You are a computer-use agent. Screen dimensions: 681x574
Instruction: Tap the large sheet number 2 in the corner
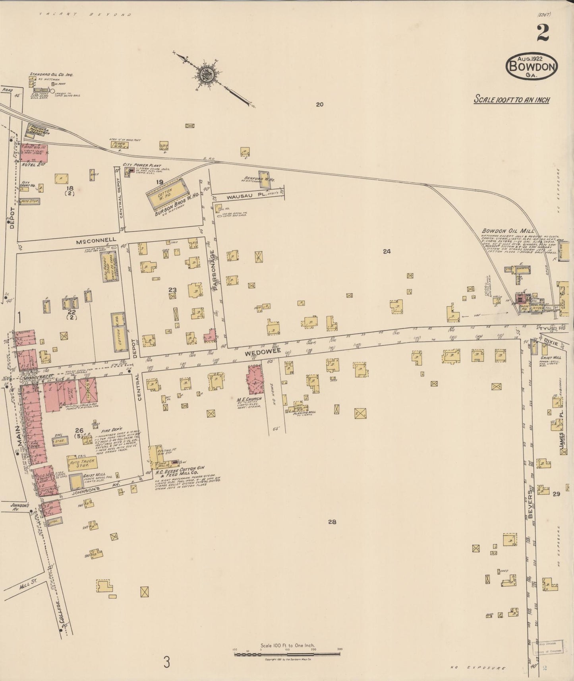coord(543,33)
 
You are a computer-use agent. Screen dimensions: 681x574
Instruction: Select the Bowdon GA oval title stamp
coord(531,66)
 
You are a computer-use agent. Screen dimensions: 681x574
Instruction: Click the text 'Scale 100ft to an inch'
coord(512,99)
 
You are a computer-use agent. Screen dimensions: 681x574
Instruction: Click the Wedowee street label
coord(257,352)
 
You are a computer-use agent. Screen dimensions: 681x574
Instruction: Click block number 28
coord(332,522)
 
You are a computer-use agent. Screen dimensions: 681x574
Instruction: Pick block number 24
coord(387,251)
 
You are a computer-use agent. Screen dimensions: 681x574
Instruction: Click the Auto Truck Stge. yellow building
coord(81,463)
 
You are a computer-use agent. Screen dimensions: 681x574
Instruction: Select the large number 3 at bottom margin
coord(167,663)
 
